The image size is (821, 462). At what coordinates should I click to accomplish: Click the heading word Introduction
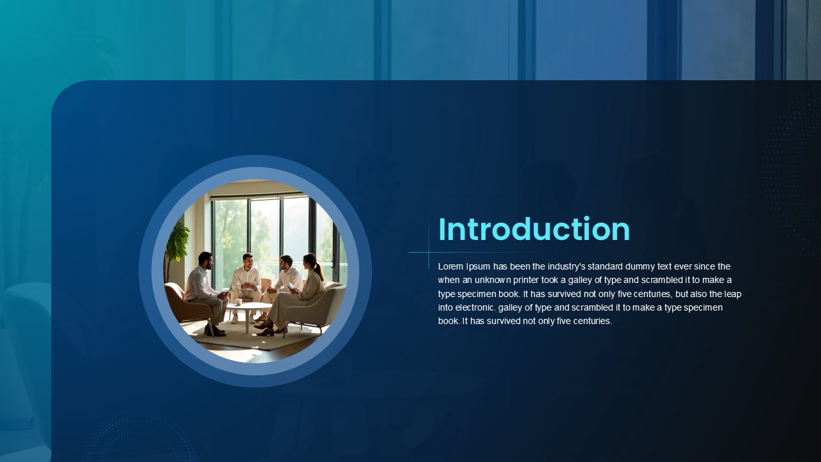[534, 229]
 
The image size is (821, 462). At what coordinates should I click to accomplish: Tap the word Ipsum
[478, 266]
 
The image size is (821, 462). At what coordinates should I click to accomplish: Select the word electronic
[475, 307]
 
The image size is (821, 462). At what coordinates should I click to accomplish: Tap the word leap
[732, 294]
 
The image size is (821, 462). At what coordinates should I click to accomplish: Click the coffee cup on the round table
[238, 302]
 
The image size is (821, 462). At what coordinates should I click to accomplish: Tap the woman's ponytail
[319, 271]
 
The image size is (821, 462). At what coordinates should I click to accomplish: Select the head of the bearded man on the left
[205, 260]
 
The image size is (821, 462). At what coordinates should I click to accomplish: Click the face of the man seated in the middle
[248, 261]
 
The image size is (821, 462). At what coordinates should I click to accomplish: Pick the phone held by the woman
[291, 286]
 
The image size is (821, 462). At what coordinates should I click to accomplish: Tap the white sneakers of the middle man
[242, 319]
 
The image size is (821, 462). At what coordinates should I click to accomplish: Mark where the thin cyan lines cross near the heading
[429, 252]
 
